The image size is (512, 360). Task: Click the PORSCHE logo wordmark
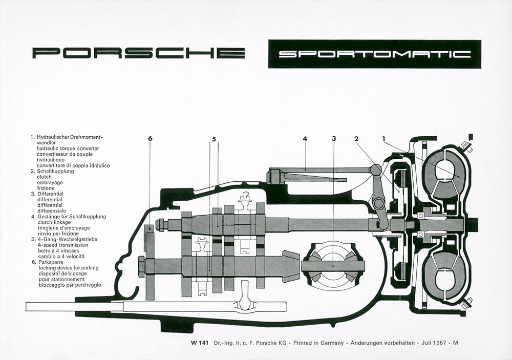[x=138, y=53]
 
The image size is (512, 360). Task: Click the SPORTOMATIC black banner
[x=374, y=54]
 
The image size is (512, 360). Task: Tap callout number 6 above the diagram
[x=150, y=138]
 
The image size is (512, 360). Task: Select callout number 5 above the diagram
[x=214, y=138]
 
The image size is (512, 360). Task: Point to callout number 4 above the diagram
[x=305, y=138]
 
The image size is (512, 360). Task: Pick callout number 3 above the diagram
[x=334, y=138]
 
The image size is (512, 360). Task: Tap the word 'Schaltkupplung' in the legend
[x=55, y=171]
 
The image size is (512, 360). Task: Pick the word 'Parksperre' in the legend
[x=50, y=262]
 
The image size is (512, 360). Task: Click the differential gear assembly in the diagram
[x=334, y=266]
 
